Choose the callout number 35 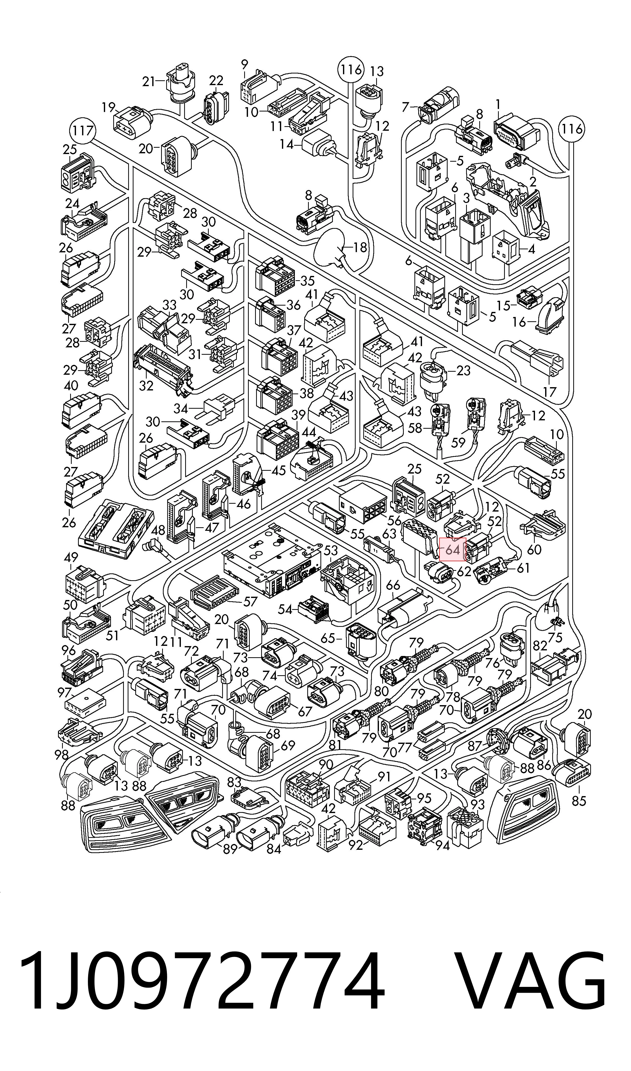point(307,281)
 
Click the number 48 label point(158,530)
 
